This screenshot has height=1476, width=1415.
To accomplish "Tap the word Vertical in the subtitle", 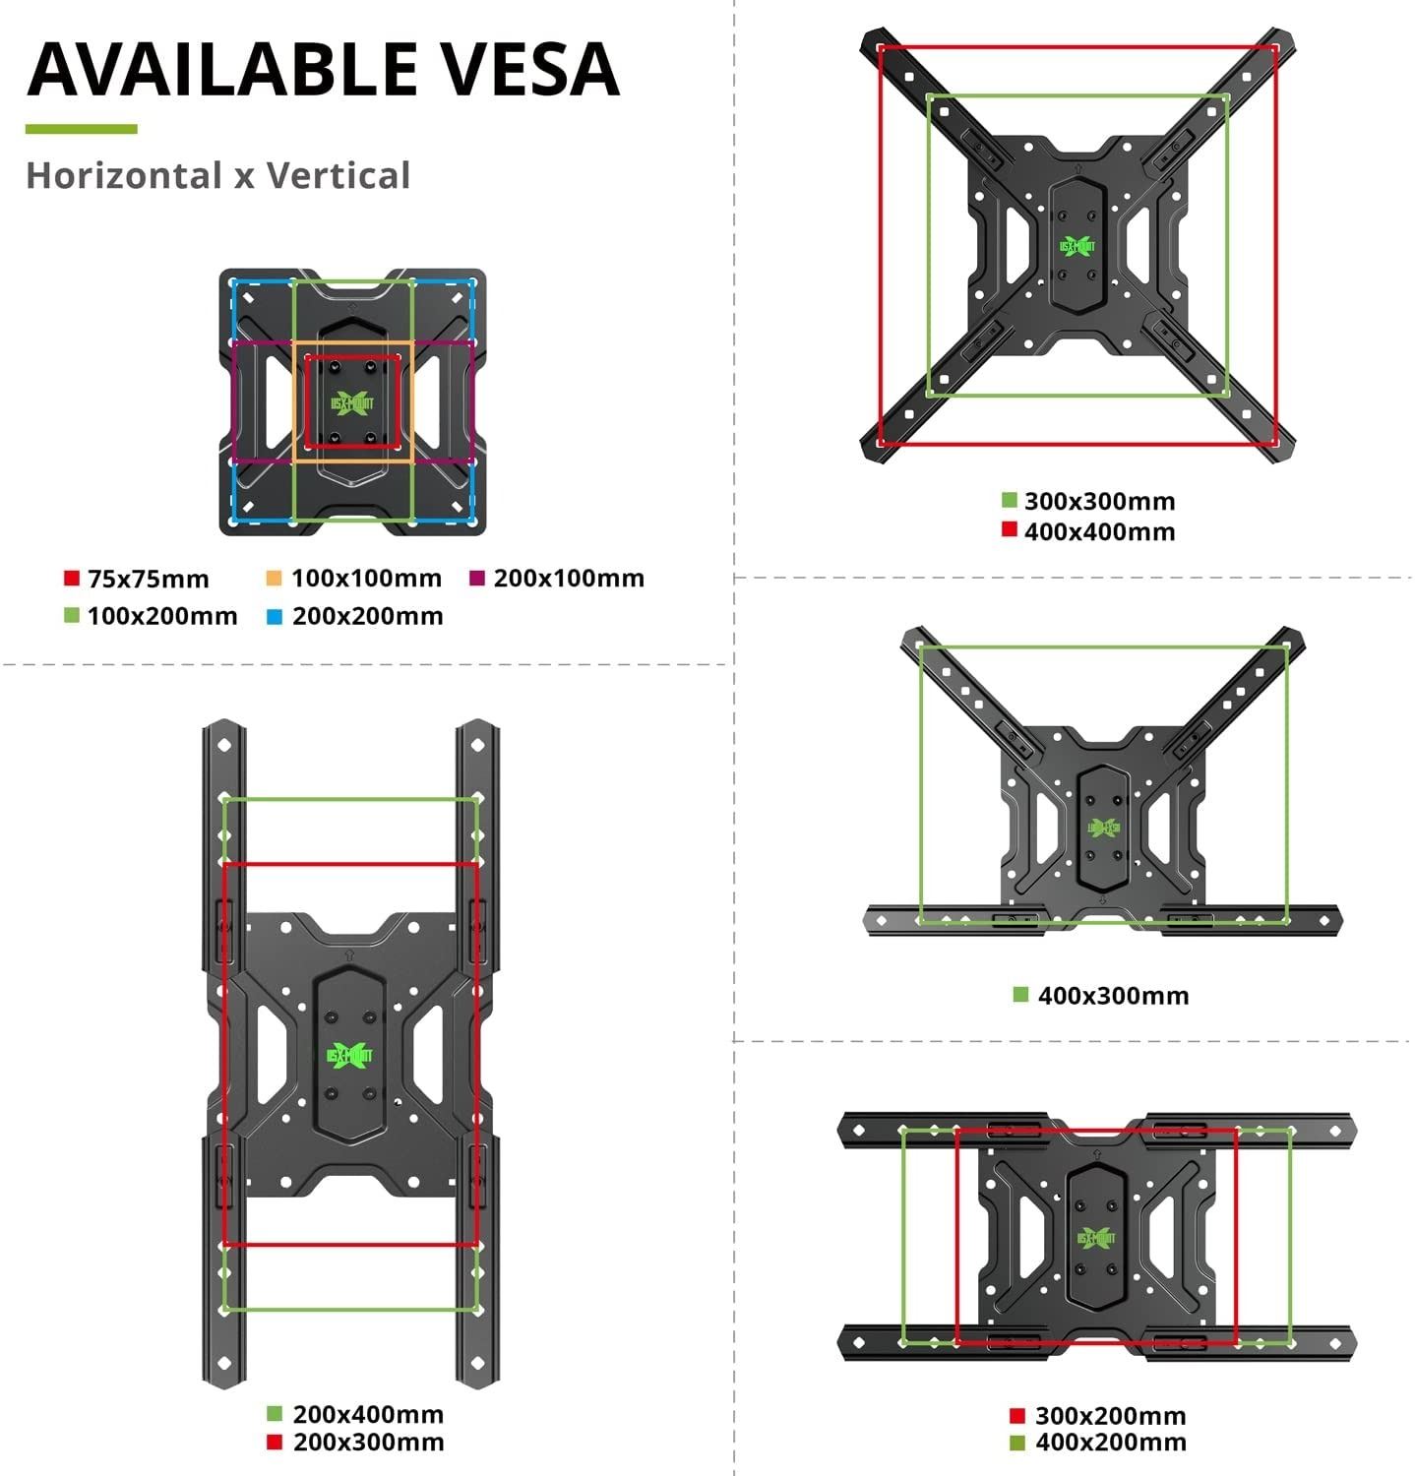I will coord(338,176).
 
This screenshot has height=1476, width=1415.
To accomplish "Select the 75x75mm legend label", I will coord(148,579).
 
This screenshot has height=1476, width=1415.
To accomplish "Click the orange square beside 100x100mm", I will coord(274,578).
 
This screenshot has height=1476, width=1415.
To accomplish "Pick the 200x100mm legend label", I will coord(569,578).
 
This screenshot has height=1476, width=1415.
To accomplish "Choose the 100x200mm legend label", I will coord(162,616).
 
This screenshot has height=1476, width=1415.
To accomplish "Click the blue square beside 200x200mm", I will coord(274,616).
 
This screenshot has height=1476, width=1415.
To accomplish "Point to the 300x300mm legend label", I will coord(1099,501).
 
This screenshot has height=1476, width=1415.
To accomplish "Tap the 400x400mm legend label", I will coord(1099,531).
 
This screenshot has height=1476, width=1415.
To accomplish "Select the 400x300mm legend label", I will coord(1113,995).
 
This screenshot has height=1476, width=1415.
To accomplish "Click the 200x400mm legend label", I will coord(368,1414).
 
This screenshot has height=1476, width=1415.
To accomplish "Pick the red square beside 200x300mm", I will coord(276,1442).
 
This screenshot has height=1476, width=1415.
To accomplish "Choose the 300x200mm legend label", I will coord(1110,1416).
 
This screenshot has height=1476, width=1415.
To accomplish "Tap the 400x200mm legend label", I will coord(1110,1443).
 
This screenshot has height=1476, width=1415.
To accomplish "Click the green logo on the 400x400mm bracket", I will coord(1077,246).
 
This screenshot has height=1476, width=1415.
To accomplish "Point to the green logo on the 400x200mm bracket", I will coord(1096,1237).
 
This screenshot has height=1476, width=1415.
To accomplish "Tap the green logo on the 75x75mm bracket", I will coord(352,402).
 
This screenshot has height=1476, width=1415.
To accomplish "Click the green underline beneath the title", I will coord(81,129).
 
